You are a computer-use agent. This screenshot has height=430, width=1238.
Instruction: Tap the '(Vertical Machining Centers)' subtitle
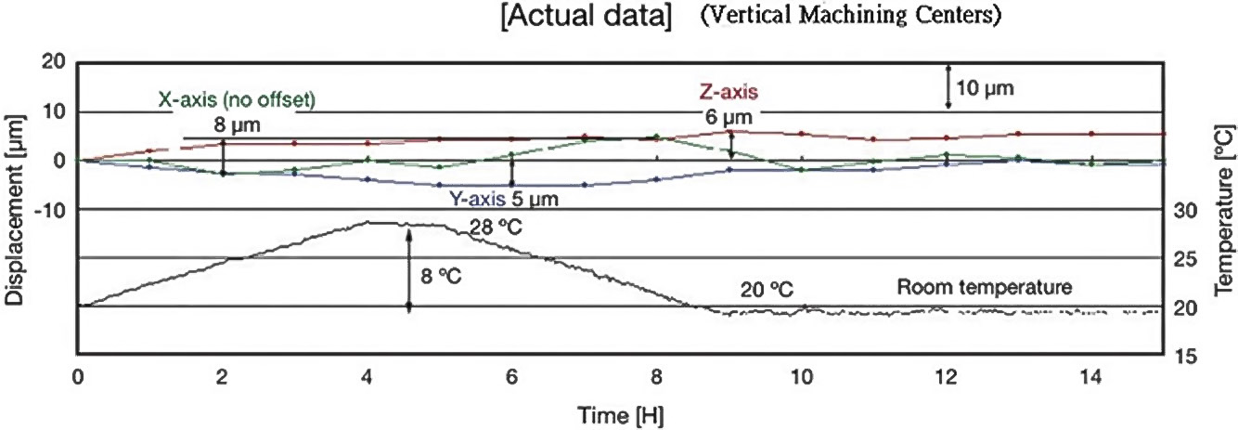(x=849, y=19)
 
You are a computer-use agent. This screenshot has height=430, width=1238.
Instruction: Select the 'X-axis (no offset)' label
(x=236, y=99)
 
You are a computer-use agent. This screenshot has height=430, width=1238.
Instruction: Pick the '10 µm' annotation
(x=985, y=89)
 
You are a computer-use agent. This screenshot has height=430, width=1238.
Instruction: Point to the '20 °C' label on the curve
(x=767, y=290)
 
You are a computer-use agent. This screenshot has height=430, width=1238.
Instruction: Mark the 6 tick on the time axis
(x=511, y=378)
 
